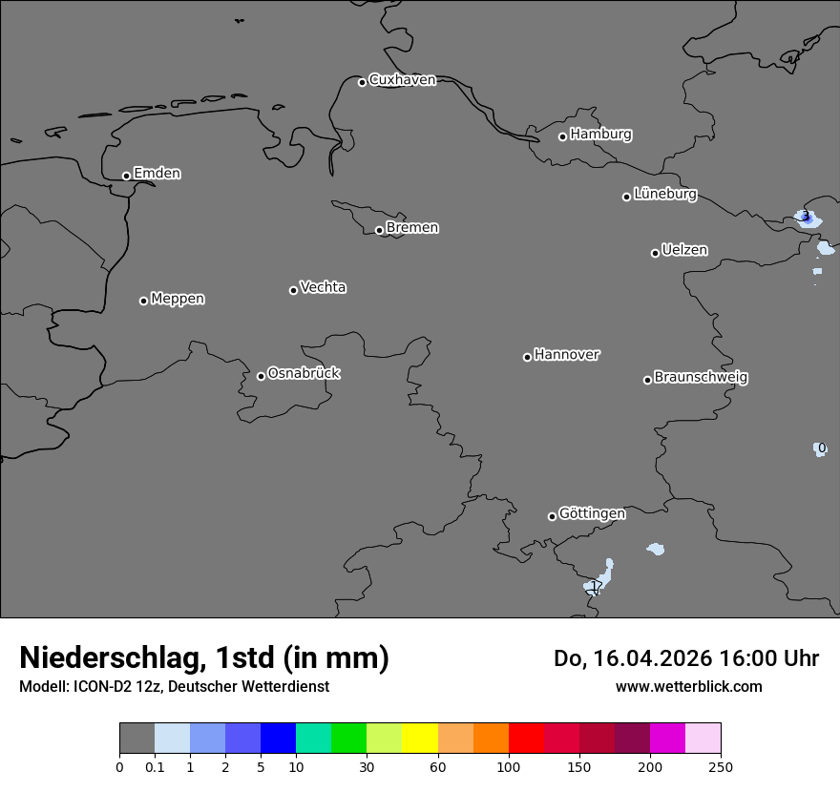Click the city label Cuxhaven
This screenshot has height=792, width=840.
(402, 80)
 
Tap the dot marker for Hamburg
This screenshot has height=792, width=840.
(562, 136)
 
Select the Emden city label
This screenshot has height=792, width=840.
(157, 174)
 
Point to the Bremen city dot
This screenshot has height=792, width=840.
(379, 230)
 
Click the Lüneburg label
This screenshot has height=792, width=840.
(664, 195)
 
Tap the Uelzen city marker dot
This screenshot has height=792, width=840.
(655, 253)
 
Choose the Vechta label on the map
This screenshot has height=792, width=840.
(323, 287)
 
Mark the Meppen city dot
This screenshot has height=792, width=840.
(143, 301)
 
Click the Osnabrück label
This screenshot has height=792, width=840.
(304, 373)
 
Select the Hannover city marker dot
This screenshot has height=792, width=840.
(527, 357)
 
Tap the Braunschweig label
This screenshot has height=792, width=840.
(701, 378)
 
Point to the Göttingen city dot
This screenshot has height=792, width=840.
(552, 516)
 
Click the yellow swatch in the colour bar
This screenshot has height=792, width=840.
(420, 739)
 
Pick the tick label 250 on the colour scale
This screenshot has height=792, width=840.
(721, 766)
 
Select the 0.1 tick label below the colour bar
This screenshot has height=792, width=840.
(155, 766)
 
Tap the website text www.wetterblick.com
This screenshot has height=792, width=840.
(688, 686)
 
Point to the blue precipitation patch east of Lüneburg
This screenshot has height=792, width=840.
(808, 218)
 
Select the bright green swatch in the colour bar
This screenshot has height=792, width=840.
(349, 739)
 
